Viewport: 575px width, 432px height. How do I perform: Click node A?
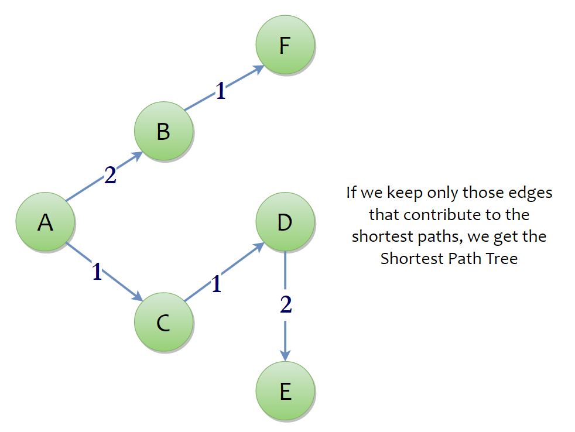[45, 222]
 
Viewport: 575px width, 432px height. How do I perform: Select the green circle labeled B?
[163, 131]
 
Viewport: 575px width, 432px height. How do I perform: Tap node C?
[163, 322]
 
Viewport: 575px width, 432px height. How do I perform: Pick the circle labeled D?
[285, 222]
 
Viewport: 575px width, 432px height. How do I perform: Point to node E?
[285, 391]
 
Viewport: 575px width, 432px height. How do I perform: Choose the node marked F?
[285, 44]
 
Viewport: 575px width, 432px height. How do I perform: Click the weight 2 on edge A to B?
[111, 176]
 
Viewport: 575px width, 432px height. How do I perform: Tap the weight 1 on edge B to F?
[221, 91]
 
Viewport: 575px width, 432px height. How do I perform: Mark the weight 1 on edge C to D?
[217, 284]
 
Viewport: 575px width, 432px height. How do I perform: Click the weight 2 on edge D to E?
[286, 304]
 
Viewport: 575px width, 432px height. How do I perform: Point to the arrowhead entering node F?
[259, 68]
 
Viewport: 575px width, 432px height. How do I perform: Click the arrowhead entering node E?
[285, 355]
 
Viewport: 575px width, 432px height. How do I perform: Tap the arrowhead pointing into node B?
[138, 155]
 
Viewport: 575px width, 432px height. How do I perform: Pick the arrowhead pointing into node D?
[259, 246]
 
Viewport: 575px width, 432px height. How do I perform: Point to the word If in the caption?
[351, 192]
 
